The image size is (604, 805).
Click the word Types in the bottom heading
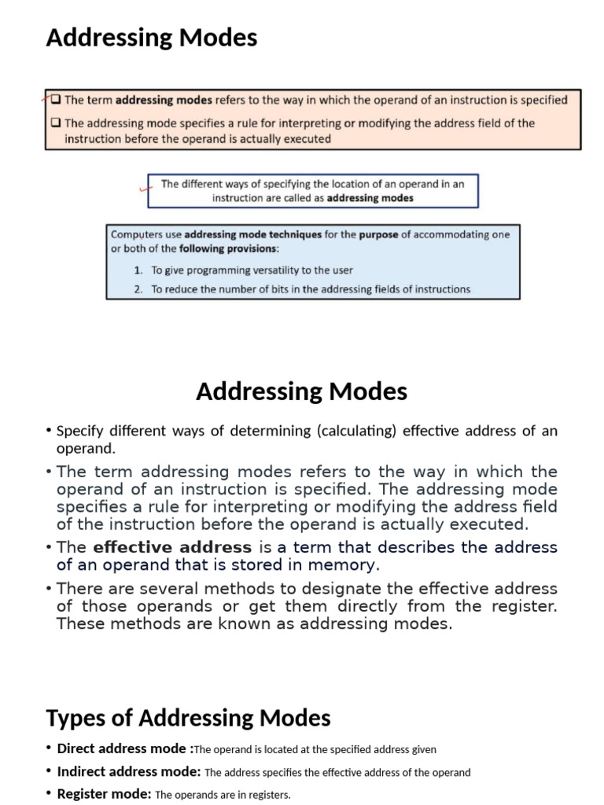coord(75,718)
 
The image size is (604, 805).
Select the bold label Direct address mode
coord(125,749)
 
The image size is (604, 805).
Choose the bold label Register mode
coord(104,794)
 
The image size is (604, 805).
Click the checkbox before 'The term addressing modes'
coord(56,100)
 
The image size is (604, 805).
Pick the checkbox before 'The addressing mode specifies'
coord(56,123)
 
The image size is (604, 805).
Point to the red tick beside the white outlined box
coord(144,188)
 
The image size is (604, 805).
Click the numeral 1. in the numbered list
coord(138,270)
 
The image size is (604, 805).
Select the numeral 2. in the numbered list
coord(138,289)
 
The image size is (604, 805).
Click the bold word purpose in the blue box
coord(380,234)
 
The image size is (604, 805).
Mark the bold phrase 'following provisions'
coord(228,248)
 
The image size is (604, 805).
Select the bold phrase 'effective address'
coord(172,547)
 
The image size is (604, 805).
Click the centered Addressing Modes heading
coord(301,391)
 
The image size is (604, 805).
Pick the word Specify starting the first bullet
coord(78,431)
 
